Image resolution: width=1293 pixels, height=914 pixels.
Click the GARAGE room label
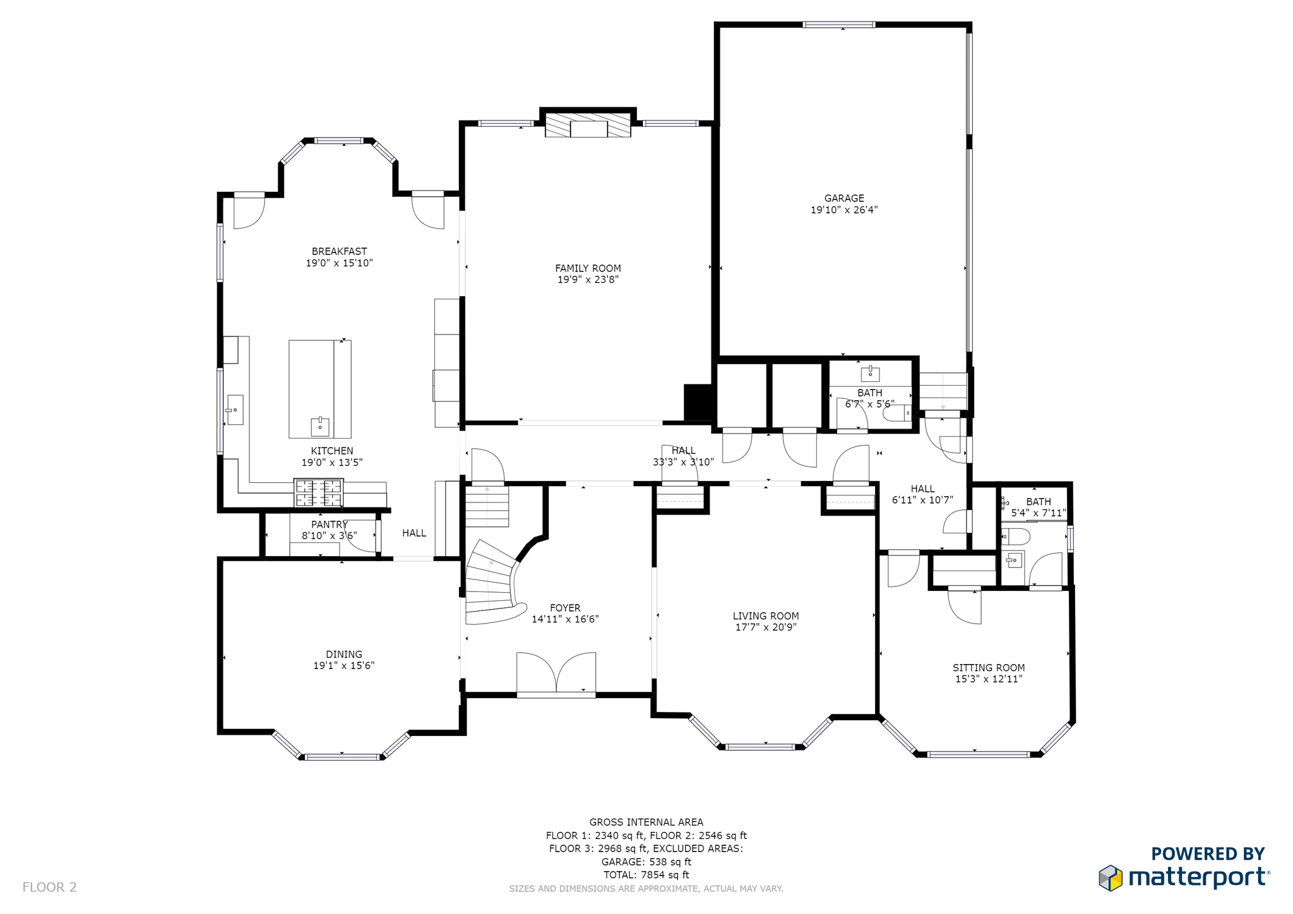pyautogui.click(x=844, y=198)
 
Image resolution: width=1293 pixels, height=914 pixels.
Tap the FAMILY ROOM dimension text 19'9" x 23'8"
pyautogui.click(x=588, y=280)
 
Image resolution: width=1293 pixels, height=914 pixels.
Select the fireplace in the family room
pyautogui.click(x=588, y=125)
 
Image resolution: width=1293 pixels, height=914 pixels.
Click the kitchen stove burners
pyautogui.click(x=319, y=493)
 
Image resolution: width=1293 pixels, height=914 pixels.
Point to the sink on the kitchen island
pyautogui.click(x=320, y=427)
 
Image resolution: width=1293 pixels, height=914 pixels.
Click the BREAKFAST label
pyautogui.click(x=339, y=251)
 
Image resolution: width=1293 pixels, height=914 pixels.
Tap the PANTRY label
pyautogui.click(x=330, y=525)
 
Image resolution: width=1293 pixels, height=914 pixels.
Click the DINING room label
pyautogui.click(x=344, y=655)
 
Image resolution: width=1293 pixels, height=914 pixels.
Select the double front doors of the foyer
pyautogui.click(x=556, y=674)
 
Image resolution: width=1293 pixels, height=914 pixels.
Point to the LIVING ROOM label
pyautogui.click(x=766, y=616)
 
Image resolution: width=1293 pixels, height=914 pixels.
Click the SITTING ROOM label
pyautogui.click(x=989, y=668)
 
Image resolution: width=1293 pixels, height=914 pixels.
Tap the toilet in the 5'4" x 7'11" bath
pyautogui.click(x=1016, y=537)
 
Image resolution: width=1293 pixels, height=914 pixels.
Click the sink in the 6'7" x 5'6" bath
pyautogui.click(x=870, y=374)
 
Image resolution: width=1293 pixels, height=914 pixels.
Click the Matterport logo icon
pyautogui.click(x=1111, y=878)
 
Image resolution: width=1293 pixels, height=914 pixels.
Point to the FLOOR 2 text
pyautogui.click(x=49, y=887)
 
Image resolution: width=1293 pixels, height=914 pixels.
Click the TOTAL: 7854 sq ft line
pyautogui.click(x=646, y=875)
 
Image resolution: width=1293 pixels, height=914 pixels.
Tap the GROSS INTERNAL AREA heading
pyautogui.click(x=646, y=822)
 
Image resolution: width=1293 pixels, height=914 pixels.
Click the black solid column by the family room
pyautogui.click(x=699, y=402)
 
